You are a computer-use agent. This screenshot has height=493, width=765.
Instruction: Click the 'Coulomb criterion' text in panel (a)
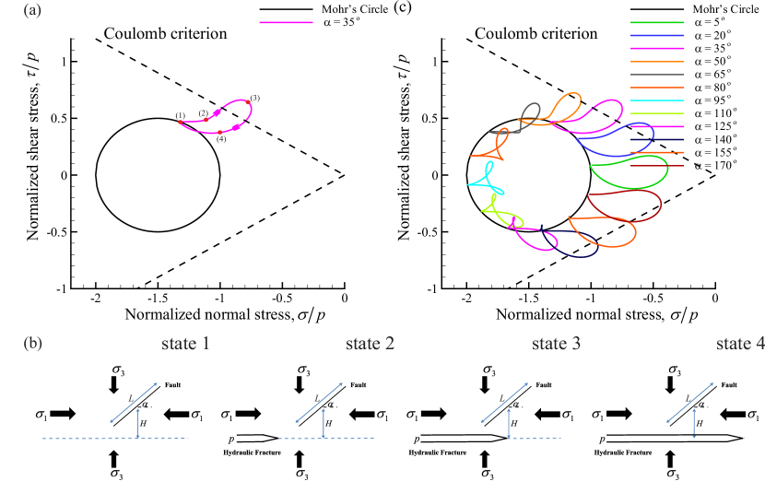point(165,34)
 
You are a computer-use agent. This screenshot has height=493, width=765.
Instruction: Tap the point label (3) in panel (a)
point(255,98)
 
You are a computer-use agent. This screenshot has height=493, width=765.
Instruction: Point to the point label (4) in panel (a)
point(220,139)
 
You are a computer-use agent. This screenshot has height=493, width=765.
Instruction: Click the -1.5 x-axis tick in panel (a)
point(156,299)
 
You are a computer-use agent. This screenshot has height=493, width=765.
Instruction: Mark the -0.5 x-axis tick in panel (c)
point(652,299)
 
